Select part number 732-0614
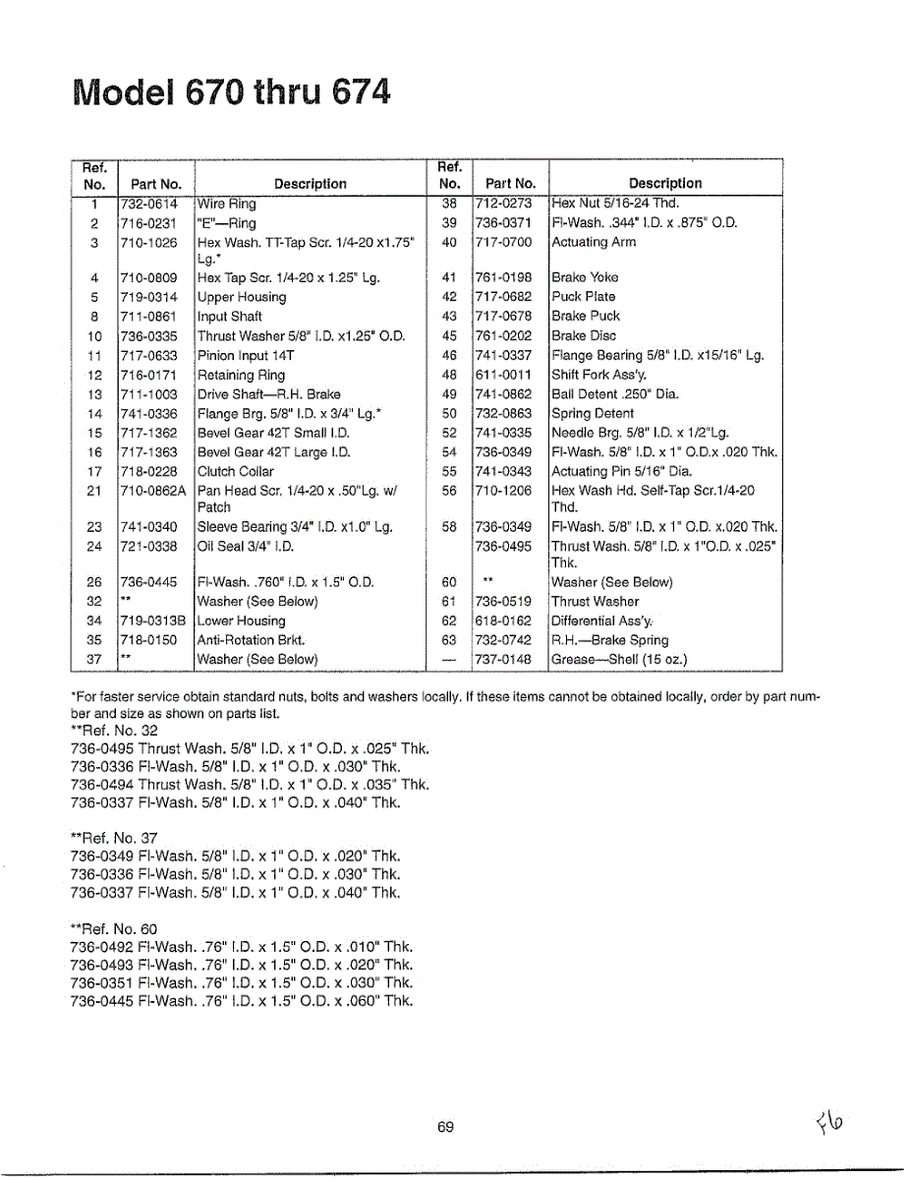147,205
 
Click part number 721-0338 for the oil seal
147,547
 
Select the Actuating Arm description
594,242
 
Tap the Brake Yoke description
585,277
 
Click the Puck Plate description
584,297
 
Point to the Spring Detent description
592,414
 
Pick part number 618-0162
503,621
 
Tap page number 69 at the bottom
445,1128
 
